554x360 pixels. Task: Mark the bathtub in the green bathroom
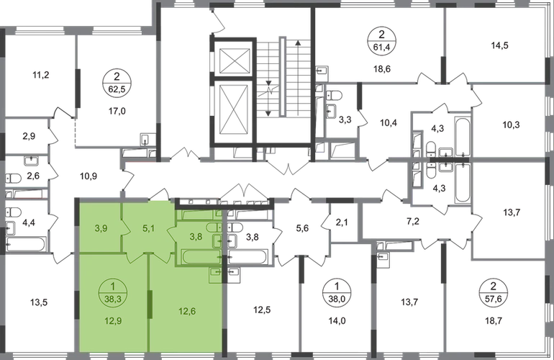point(204,256)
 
